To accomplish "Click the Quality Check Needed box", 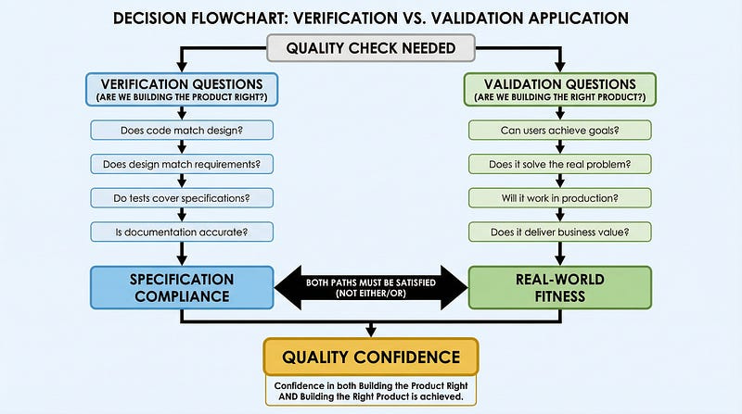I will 371,47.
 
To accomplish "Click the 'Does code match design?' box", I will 183,131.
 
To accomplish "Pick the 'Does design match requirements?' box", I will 183,164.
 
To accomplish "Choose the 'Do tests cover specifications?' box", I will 183,197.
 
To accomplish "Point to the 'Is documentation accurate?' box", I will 183,231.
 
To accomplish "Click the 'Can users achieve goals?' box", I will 559,131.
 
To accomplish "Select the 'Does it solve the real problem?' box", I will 559,164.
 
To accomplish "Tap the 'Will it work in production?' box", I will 559,197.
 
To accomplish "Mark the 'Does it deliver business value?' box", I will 559,231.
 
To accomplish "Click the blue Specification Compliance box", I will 183,287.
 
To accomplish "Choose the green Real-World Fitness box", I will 559,287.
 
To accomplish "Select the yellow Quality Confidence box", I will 371,357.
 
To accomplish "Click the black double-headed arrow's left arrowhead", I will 288,287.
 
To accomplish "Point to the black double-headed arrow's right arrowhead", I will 454,287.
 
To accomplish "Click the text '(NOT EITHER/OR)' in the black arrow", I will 371,295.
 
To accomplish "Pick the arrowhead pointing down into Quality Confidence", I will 371,331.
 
